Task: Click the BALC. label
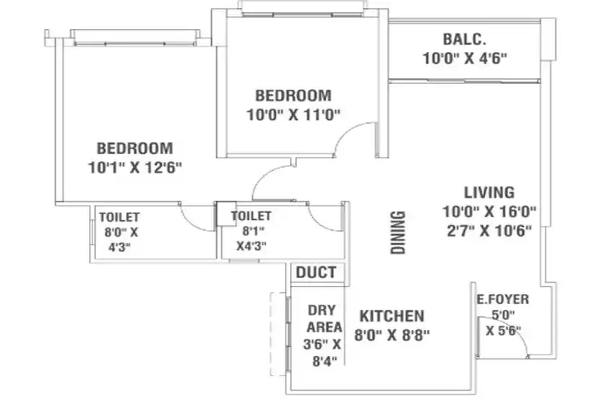[464, 39]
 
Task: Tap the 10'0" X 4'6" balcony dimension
[464, 58]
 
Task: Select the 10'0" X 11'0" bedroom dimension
[293, 114]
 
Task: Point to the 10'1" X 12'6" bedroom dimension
[134, 167]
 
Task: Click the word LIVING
[489, 192]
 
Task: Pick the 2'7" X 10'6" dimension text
[489, 230]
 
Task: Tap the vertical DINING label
[398, 232]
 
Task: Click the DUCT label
[316, 272]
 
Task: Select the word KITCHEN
[392, 316]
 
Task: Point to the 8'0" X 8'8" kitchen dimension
[392, 334]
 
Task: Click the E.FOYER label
[502, 300]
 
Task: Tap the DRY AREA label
[325, 318]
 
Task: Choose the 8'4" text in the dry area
[325, 361]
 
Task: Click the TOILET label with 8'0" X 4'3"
[119, 217]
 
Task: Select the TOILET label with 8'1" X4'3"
[251, 216]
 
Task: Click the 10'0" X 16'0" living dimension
[489, 211]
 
